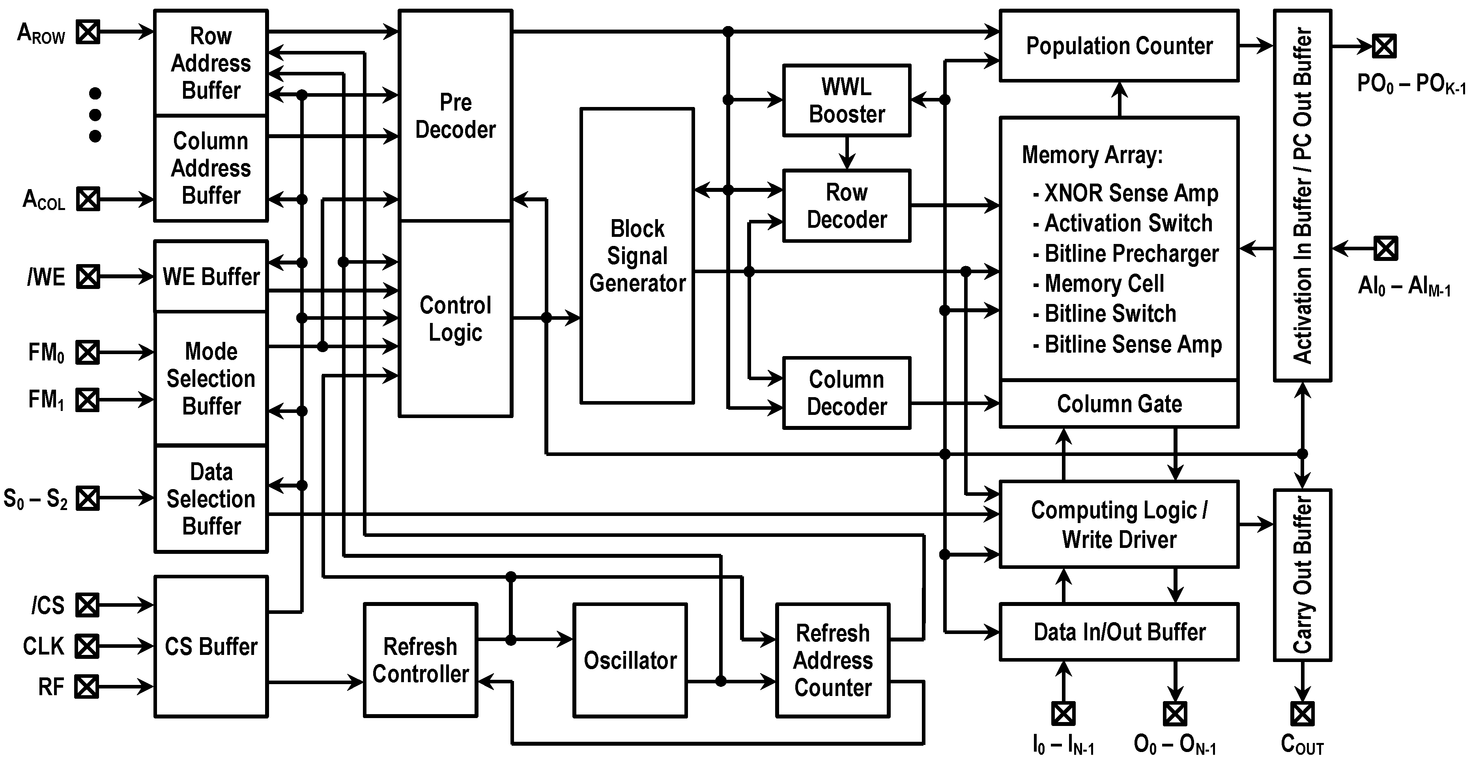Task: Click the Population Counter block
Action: click(x=1119, y=46)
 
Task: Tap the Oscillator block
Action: click(x=630, y=660)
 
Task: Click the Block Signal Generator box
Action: click(x=637, y=255)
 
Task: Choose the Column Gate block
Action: click(x=1119, y=404)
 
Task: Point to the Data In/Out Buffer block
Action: click(x=1119, y=632)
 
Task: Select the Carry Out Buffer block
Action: click(x=1303, y=575)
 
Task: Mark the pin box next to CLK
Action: click(x=87, y=646)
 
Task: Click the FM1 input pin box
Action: click(x=87, y=400)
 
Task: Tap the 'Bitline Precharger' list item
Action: click(x=1131, y=253)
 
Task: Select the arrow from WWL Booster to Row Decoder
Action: click(x=847, y=152)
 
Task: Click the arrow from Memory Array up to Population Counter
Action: click(x=1120, y=99)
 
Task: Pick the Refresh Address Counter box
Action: click(x=833, y=660)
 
